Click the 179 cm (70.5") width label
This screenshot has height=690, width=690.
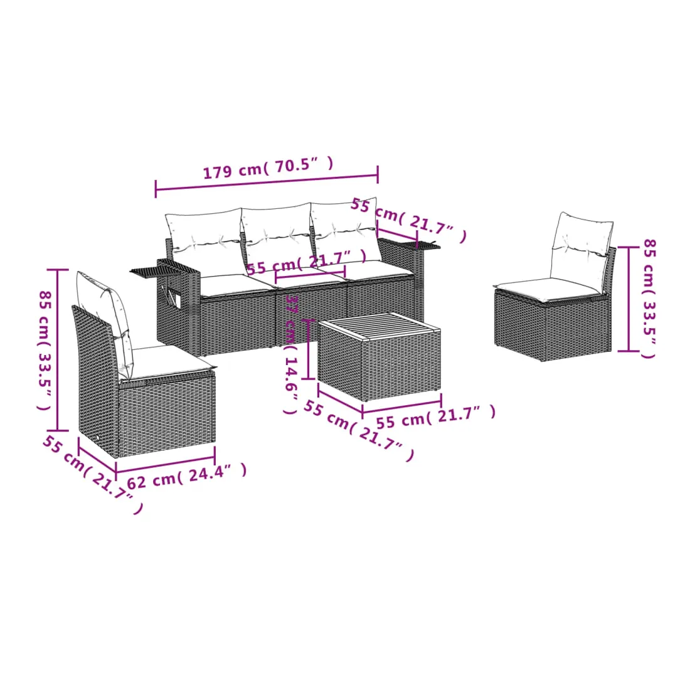[x=268, y=167]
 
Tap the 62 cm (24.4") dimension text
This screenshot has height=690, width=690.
[x=187, y=475]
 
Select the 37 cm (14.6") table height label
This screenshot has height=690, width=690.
[x=291, y=354]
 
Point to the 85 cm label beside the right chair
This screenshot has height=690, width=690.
[x=649, y=299]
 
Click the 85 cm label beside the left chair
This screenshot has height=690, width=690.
[x=45, y=350]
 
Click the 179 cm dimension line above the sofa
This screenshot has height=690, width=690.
[x=267, y=183]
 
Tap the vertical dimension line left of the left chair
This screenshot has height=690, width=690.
[x=58, y=350]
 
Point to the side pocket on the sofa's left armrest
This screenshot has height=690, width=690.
[x=172, y=296]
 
